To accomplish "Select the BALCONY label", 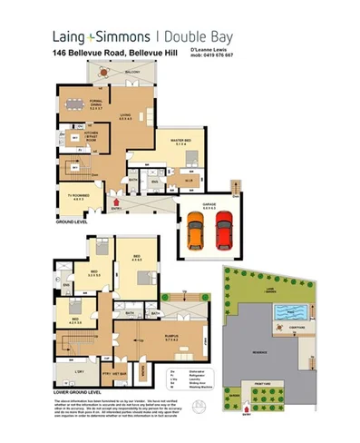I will point(132,71).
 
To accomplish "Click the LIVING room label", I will point(139,116).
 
